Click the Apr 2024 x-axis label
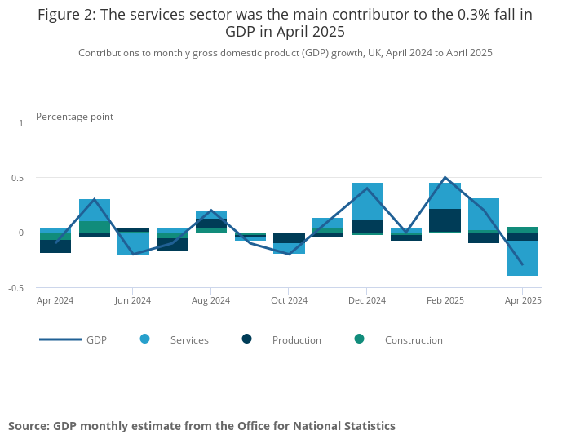[x=55, y=300]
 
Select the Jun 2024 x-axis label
[x=133, y=300]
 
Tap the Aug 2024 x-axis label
[x=210, y=300]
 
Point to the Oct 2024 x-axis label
[x=289, y=300]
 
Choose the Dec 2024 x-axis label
[x=367, y=300]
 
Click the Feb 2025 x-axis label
[x=445, y=300]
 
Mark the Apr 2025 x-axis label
[x=523, y=300]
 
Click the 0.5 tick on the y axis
[x=19, y=178]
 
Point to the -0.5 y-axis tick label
[x=17, y=288]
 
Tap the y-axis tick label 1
[x=22, y=122]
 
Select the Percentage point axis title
[x=74, y=117]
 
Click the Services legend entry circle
[x=145, y=339]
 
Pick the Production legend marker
[x=247, y=339]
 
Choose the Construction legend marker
[x=360, y=339]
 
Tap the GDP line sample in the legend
[x=60, y=339]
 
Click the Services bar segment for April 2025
[x=523, y=258]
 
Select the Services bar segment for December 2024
[x=367, y=202]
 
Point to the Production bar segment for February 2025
[x=445, y=220]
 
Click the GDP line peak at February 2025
[x=445, y=177]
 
